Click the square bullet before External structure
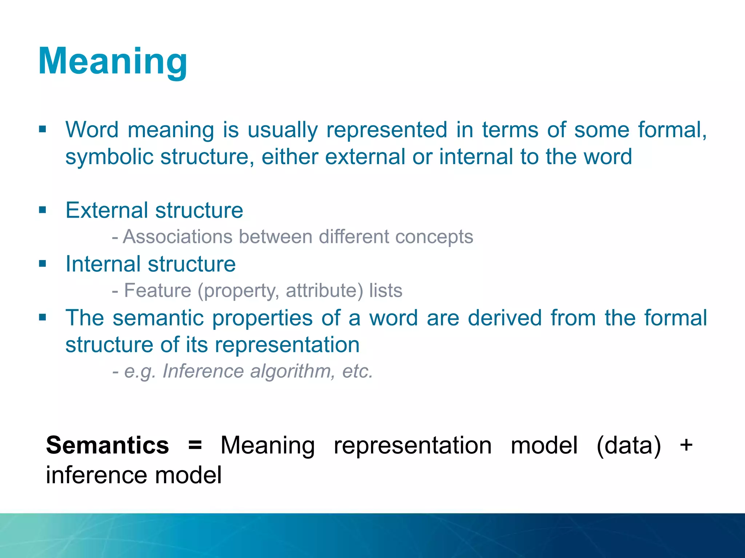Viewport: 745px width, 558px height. pos(43,210)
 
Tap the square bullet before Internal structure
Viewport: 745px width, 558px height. pos(43,263)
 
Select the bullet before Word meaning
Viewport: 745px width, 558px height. pos(43,129)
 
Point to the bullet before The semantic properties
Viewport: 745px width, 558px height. pos(43,318)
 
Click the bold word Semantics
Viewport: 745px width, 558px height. pos(107,445)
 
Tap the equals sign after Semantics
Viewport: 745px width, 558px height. pos(195,445)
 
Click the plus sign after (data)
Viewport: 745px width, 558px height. pos(686,445)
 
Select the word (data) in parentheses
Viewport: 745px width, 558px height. pos(629,446)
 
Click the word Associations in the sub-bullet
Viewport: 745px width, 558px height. pos(178,237)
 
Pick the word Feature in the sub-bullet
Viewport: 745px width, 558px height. pos(158,291)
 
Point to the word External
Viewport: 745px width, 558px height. pos(107,210)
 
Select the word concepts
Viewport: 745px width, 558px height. pos(434,237)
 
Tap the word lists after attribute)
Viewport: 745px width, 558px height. pos(386,291)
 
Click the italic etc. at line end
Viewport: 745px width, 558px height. pos(357,371)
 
